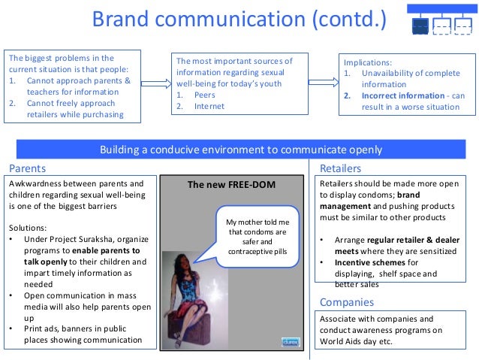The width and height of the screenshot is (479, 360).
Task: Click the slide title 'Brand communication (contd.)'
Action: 239,20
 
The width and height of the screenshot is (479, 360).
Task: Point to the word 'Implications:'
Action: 368,62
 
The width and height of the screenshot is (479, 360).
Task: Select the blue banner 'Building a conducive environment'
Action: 240,150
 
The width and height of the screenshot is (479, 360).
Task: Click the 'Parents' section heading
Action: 27,168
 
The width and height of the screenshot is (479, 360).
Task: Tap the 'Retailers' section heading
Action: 340,168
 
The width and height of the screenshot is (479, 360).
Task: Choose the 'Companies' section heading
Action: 347,302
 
